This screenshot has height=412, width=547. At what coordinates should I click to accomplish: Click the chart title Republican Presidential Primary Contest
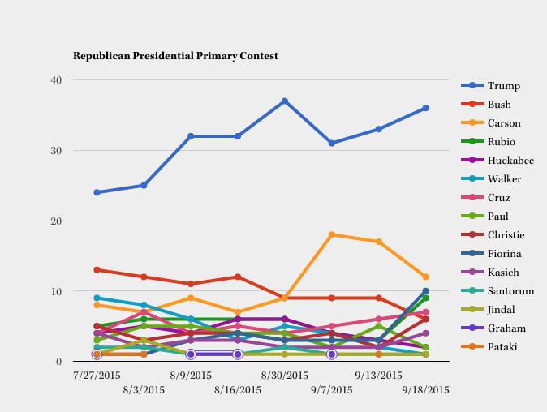click(175, 56)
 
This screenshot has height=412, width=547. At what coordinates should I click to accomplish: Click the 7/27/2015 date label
click(97, 376)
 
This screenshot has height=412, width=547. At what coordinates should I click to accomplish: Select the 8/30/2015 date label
click(285, 376)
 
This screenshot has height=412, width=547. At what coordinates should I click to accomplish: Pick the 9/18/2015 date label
click(425, 389)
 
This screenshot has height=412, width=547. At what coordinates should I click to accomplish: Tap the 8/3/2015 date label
click(144, 389)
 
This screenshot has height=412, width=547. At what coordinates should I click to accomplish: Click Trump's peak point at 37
click(285, 101)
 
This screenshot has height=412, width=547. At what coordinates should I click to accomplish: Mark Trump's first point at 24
click(97, 192)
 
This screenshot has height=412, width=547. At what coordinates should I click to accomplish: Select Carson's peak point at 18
click(332, 234)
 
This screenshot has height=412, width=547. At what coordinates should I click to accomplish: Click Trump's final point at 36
click(425, 108)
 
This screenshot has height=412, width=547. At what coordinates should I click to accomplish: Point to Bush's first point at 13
click(97, 269)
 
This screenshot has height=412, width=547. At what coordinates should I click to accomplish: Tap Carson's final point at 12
click(425, 277)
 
